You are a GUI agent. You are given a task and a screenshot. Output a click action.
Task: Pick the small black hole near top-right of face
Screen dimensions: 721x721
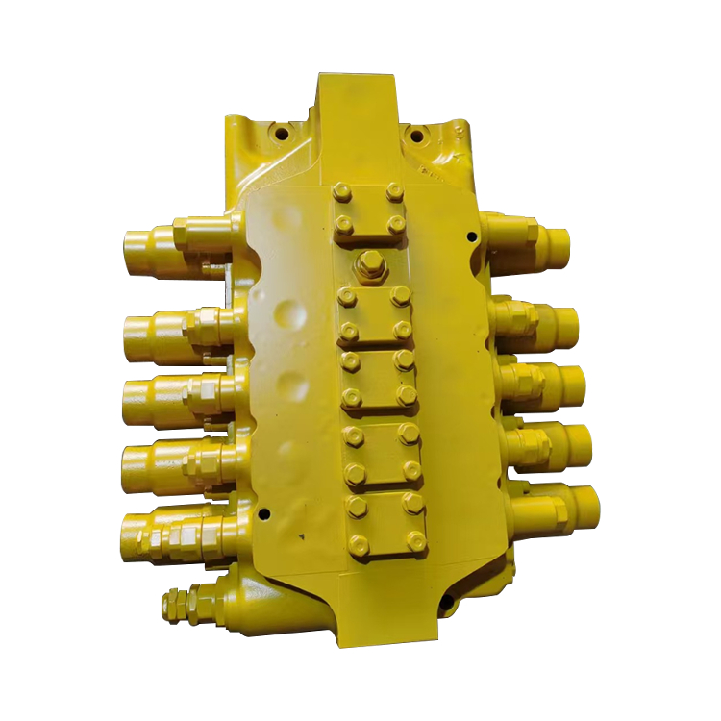pyautogui.click(x=470, y=236)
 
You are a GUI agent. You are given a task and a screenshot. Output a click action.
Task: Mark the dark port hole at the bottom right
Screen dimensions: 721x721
pyautogui.click(x=446, y=604)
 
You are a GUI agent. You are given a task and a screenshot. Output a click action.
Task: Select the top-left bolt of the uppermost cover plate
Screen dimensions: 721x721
pyautogui.click(x=341, y=193)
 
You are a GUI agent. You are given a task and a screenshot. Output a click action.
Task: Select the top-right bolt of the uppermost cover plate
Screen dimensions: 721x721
pyautogui.click(x=393, y=192)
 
